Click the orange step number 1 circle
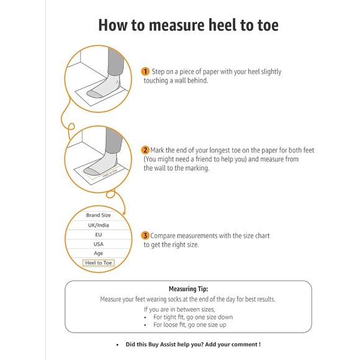coord(145,71)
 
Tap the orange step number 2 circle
coord(145,150)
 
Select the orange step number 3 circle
coord(145,236)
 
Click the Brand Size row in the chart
coord(98,215)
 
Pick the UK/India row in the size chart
coord(98,225)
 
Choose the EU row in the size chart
coord(98,235)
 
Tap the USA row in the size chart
coord(98,244)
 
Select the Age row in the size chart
coord(98,253)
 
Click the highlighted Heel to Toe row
coord(98,263)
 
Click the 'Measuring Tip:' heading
coord(188,289)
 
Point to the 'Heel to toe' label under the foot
coord(100,176)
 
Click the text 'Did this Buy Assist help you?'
coord(168,344)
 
